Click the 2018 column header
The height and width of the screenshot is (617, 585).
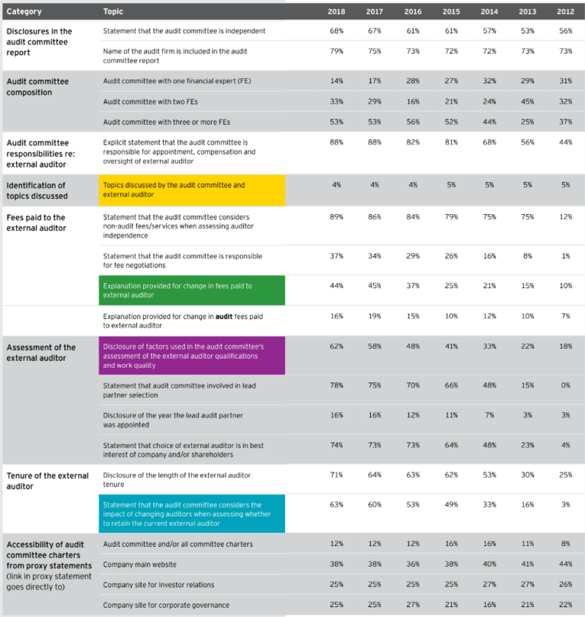336,11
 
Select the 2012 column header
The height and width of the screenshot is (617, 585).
565,11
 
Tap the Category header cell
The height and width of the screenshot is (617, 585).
24,11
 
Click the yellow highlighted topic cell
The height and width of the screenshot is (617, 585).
193,190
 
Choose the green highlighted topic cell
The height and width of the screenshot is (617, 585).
193,290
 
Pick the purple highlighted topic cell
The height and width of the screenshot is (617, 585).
193,356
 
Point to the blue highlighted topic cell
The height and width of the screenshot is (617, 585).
193,514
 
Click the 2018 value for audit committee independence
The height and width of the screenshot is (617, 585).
336,30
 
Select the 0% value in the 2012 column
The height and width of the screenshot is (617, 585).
565,385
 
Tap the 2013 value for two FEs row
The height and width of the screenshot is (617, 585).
527,101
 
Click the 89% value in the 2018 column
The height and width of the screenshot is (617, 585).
336,217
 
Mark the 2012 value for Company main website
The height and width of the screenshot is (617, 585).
565,564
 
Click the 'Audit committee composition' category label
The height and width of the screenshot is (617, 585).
37,87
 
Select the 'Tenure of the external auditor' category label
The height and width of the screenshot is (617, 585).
47,481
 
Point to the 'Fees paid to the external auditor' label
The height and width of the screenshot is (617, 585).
36,222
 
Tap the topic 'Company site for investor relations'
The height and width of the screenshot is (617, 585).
158,585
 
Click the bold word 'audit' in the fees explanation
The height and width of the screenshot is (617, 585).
223,316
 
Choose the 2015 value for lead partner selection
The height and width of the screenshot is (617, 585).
451,385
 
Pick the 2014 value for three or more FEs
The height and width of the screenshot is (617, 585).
489,122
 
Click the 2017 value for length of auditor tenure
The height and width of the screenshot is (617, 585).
374,475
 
